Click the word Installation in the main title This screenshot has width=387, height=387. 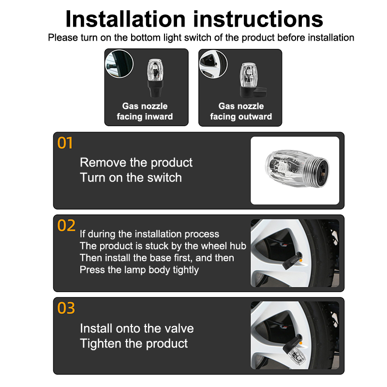(x=125, y=19)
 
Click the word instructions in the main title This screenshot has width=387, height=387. (x=258, y=19)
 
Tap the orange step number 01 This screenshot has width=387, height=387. (x=65, y=143)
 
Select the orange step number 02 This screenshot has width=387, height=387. (x=66, y=225)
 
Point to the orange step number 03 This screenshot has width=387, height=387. (x=66, y=308)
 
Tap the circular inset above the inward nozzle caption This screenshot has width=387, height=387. (x=119, y=64)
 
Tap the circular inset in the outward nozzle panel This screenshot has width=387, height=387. (x=213, y=64)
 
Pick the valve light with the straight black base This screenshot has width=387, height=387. (x=155, y=78)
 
